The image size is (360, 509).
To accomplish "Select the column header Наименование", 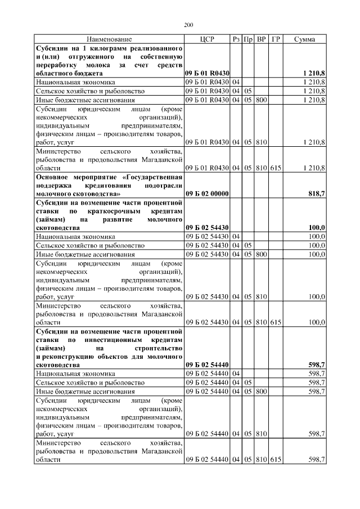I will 109,39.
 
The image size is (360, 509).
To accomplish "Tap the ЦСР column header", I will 206,39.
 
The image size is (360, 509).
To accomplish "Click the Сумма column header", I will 304,39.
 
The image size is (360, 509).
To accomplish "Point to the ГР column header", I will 275,39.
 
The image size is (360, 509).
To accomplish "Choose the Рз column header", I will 236,39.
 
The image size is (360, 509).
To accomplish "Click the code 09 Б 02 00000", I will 206,193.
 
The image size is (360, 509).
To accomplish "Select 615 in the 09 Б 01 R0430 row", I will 275,168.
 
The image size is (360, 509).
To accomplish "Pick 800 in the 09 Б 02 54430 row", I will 261,254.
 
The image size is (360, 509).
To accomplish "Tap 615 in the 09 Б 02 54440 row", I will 275,460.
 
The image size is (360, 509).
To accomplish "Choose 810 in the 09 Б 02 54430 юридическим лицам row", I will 261,296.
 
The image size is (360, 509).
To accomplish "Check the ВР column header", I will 261,39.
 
